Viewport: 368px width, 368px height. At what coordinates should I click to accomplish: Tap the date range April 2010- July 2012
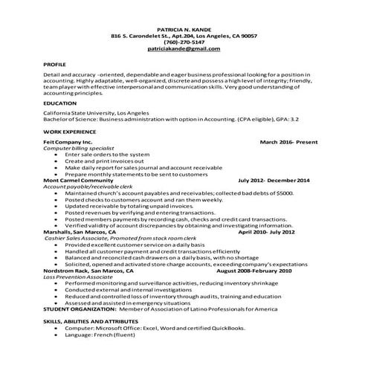pos(266,232)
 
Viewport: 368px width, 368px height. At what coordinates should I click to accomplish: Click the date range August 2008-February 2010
pos(254,271)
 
